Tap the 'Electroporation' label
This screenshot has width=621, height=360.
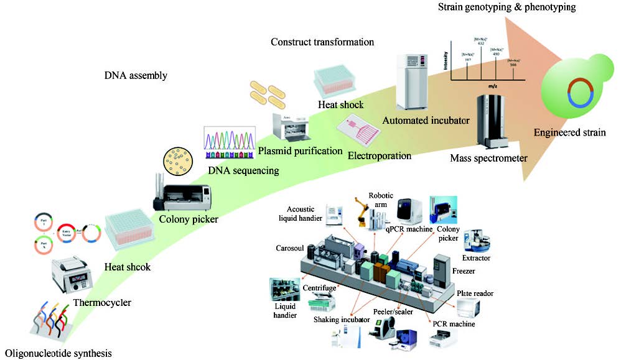click(380, 155)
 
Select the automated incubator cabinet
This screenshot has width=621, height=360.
click(413, 81)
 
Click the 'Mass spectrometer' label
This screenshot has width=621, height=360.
click(488, 159)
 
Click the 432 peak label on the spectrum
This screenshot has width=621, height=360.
click(481, 43)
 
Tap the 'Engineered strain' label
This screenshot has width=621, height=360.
click(569, 132)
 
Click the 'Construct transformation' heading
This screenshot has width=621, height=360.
click(322, 42)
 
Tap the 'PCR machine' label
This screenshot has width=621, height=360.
click(454, 324)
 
